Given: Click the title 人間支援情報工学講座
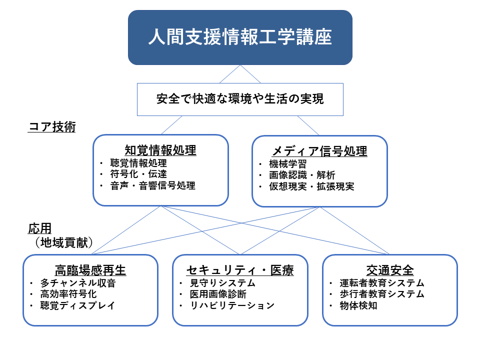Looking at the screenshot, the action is [x=240, y=37].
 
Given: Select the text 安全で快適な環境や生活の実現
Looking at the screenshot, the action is [x=240, y=99].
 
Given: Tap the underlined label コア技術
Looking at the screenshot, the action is [x=51, y=126].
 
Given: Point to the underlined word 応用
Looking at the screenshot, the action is [x=40, y=228].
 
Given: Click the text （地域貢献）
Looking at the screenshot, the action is [x=63, y=242].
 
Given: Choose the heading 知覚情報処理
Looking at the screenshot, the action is [x=160, y=150].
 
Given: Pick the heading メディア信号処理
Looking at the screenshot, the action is [x=319, y=151].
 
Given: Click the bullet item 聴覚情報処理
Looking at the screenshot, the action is [x=138, y=163].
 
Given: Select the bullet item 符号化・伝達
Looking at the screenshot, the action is [x=138, y=174].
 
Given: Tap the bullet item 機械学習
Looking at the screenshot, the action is [x=288, y=164].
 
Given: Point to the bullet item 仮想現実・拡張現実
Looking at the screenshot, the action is [x=311, y=186].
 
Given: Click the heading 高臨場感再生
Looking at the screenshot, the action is [x=90, y=270].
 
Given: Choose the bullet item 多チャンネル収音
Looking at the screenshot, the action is [x=78, y=283].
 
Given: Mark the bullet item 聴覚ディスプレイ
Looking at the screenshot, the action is [x=78, y=305].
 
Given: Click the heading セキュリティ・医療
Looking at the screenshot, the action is [x=240, y=270].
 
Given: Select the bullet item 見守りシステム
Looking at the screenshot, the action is [x=222, y=283].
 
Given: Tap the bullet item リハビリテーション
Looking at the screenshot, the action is [x=232, y=305].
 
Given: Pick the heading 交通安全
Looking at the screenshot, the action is [x=390, y=270].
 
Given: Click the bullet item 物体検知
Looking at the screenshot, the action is [x=358, y=305].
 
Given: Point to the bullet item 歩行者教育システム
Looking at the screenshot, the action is [x=382, y=294].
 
